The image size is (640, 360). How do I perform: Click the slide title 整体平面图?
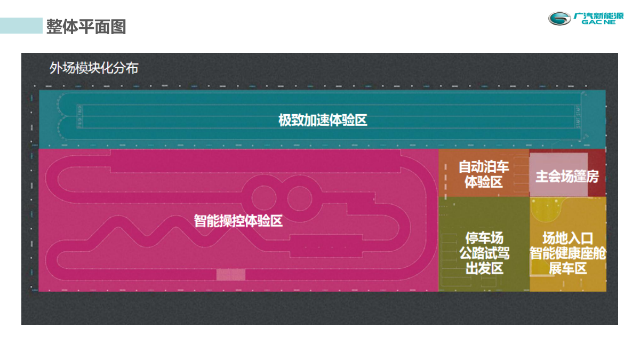pyautogui.click(x=86, y=26)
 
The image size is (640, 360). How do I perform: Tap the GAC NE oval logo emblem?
pyautogui.click(x=561, y=19)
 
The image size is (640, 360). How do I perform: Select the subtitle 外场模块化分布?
pyautogui.click(x=94, y=68)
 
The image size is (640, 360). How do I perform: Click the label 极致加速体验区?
pyautogui.click(x=323, y=120)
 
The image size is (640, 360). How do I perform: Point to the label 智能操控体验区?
pyautogui.click(x=238, y=220)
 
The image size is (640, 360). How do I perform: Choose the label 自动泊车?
pyautogui.click(x=484, y=167)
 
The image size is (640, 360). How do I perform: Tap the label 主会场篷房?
pyautogui.click(x=567, y=177)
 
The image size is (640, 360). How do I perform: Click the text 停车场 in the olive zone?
pyautogui.click(x=484, y=238)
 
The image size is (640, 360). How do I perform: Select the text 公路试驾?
pyautogui.click(x=484, y=253)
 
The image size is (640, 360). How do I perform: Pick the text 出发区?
pyautogui.click(x=484, y=268)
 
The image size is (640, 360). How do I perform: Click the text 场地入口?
pyautogui.click(x=567, y=238)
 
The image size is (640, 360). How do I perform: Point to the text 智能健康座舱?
pyautogui.click(x=567, y=253)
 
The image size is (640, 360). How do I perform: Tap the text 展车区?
pyautogui.click(x=567, y=268)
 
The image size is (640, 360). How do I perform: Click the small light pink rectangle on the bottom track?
pyautogui.click(x=231, y=275)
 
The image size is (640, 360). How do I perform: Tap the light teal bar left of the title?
pyautogui.click(x=21, y=26)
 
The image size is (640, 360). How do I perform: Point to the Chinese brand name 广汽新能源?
pyautogui.click(x=598, y=15)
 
